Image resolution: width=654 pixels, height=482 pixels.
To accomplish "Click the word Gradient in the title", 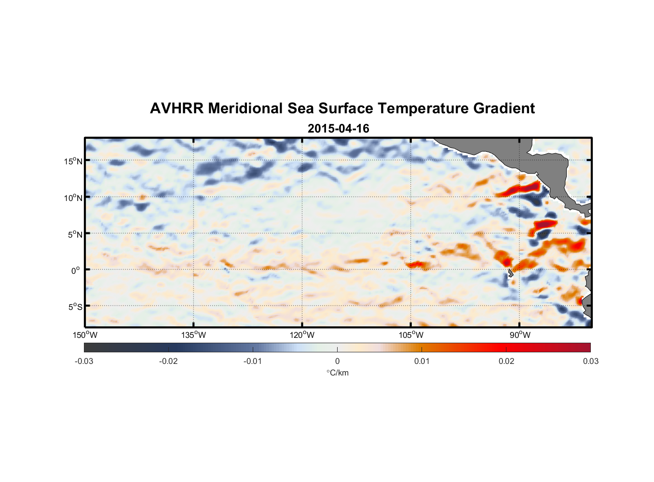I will pyautogui.click(x=504, y=108).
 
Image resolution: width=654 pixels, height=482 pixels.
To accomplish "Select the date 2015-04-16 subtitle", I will pyautogui.click(x=338, y=129).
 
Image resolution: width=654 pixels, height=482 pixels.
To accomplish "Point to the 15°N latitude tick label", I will pyautogui.click(x=73, y=161).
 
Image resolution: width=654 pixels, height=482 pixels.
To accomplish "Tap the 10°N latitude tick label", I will pyautogui.click(x=73, y=198).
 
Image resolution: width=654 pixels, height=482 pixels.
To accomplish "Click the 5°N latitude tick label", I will pyautogui.click(x=75, y=234).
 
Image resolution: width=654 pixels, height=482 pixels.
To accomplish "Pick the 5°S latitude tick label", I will pyautogui.click(x=75, y=307).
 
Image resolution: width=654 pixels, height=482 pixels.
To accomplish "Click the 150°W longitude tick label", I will pyautogui.click(x=85, y=335).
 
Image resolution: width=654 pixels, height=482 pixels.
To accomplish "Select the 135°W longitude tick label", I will pyautogui.click(x=193, y=335).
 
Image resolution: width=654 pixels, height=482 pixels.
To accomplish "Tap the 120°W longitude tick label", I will pyautogui.click(x=302, y=335).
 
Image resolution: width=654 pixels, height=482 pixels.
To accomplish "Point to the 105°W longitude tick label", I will pyautogui.click(x=411, y=335).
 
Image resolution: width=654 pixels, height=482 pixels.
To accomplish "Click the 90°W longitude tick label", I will pyautogui.click(x=520, y=335).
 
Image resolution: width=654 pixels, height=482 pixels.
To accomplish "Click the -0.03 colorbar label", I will pyautogui.click(x=84, y=361).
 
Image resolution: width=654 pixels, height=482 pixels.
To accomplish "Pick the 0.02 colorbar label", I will pyautogui.click(x=506, y=361).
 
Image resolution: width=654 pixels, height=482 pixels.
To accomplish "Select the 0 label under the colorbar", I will pyautogui.click(x=337, y=361).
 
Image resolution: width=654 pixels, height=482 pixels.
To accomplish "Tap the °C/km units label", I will pyautogui.click(x=338, y=373).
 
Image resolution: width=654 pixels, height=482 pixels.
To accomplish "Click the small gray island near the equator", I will pyautogui.click(x=510, y=273).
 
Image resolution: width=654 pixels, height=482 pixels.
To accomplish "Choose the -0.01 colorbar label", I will pyautogui.click(x=253, y=361).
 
